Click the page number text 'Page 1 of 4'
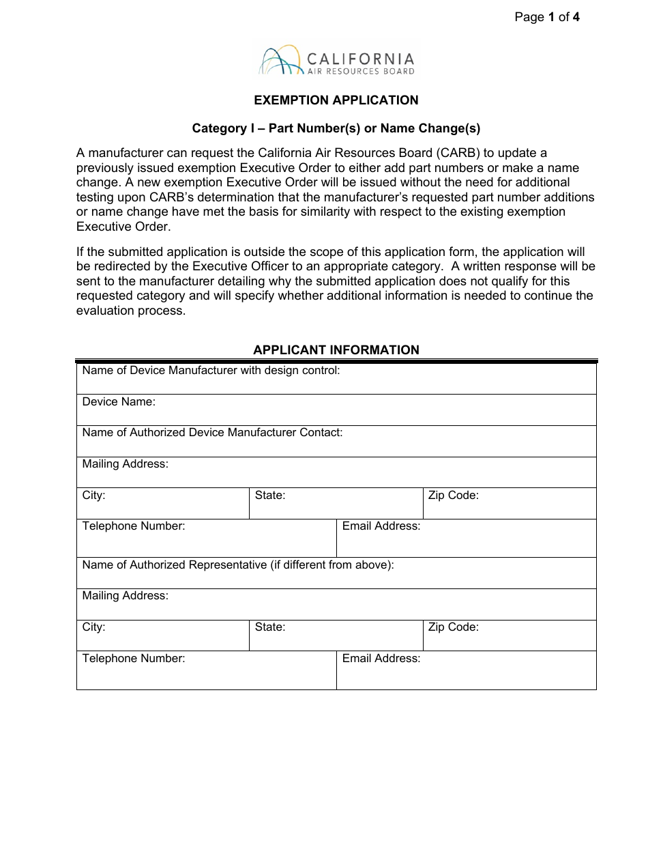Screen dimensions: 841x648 pyautogui.click(x=547, y=18)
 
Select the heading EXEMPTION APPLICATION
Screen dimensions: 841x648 pyautogui.click(x=336, y=100)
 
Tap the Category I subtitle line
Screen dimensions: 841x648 pyautogui.click(x=336, y=128)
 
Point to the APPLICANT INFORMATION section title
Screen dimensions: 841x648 pyautogui.click(x=336, y=350)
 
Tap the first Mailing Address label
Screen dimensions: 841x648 pyautogui.click(x=125, y=464)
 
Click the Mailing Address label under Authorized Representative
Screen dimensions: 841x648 pyautogui.click(x=125, y=596)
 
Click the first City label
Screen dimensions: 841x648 pyautogui.click(x=93, y=496)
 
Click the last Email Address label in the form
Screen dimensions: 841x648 pyautogui.click(x=381, y=659)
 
